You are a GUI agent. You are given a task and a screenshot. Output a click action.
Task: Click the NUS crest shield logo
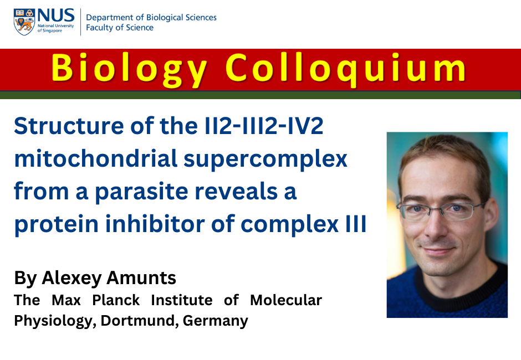click(x=24, y=22)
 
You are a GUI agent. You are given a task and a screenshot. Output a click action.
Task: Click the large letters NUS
click(x=56, y=16)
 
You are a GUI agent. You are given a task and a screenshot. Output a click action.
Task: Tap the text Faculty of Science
click(x=120, y=28)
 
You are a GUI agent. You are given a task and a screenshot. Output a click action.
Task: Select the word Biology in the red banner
click(x=129, y=69)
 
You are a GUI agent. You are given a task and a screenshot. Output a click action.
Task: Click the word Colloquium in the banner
click(x=346, y=69)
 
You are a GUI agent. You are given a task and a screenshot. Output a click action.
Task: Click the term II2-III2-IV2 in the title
click(x=263, y=126)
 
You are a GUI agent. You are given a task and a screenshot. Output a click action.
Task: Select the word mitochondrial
click(x=96, y=158)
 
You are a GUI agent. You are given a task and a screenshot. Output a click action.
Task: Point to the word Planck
click(x=116, y=300)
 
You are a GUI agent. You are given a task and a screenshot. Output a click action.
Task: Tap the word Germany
click(x=215, y=321)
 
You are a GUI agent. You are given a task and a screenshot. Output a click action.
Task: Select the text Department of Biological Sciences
click(x=151, y=18)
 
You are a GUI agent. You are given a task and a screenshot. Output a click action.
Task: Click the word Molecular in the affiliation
click(x=286, y=300)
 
